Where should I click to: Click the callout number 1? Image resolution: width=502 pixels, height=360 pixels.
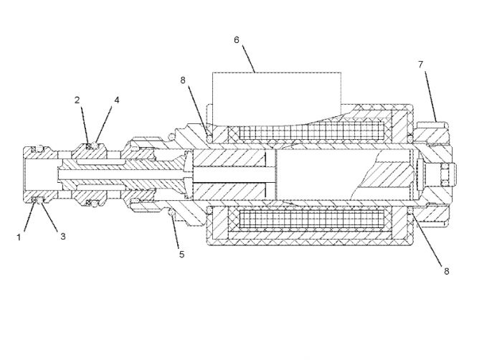(19, 237)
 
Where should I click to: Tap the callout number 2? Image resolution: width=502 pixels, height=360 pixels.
(77, 100)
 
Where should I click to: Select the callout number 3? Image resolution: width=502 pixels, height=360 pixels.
(63, 237)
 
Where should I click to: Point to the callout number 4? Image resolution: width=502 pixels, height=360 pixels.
(117, 100)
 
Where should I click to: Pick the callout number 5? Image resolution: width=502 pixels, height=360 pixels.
(182, 255)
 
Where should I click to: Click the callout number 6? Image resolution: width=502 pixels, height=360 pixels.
(237, 40)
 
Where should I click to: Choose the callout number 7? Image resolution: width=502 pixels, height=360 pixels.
(421, 65)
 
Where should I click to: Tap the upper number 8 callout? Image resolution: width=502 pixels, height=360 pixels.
(183, 80)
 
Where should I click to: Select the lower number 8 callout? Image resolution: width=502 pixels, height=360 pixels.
(447, 271)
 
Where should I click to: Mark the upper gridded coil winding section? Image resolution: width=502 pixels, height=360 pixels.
(311, 131)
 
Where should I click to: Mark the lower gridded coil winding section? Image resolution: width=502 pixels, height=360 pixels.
(311, 219)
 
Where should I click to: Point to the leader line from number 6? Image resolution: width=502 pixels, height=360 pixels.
(248, 59)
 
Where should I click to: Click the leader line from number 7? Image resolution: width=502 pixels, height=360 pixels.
(430, 96)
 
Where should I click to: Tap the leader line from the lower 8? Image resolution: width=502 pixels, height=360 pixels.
(427, 240)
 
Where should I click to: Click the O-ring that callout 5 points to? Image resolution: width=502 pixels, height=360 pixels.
(172, 212)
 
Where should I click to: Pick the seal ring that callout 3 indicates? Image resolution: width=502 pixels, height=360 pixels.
(39, 201)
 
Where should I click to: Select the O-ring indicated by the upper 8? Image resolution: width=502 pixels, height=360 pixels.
(209, 138)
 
